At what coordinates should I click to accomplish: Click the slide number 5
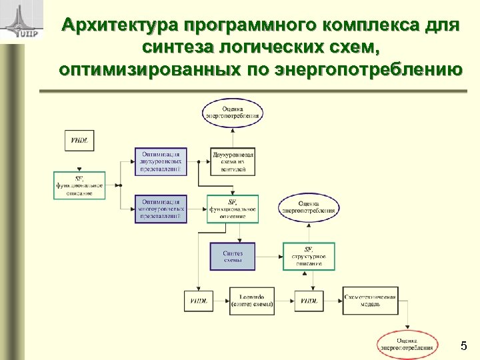tap(463, 346)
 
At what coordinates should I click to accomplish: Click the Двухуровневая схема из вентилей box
tap(233, 161)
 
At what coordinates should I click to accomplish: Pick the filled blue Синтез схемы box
tap(233, 256)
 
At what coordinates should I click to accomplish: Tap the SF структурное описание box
tap(309, 256)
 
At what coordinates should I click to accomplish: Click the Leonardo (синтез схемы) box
tap(251, 301)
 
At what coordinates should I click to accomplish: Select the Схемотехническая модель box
tap(370, 301)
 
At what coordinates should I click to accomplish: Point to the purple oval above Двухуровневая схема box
tap(233, 111)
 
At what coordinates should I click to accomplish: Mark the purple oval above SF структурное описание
tap(309, 207)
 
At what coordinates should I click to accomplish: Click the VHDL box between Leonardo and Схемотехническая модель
tap(309, 301)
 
